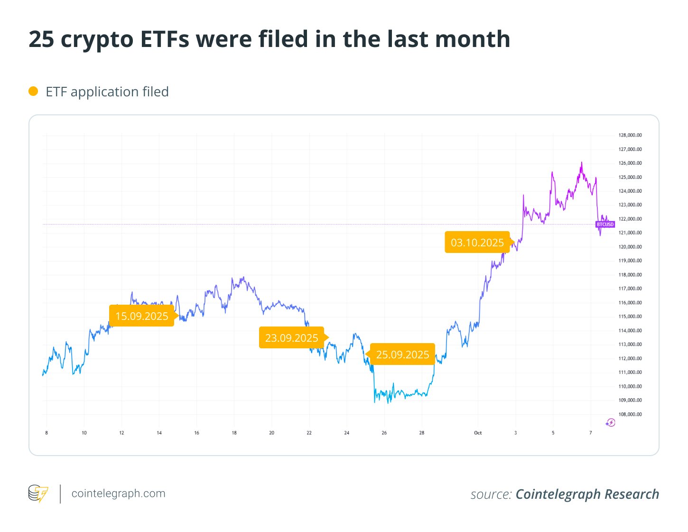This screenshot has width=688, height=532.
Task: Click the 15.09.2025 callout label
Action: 141,316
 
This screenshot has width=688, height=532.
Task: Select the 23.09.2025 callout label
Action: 291,338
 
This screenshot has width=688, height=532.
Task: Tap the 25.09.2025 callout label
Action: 402,355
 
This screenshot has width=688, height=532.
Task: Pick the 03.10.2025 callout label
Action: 477,243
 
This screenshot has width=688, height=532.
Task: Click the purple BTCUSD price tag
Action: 605,224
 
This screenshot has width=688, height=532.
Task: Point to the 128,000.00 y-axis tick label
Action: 630,135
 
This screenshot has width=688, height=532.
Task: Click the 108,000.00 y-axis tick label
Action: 630,414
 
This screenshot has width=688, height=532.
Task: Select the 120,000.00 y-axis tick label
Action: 630,247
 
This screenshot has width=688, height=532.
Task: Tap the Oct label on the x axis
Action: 478,433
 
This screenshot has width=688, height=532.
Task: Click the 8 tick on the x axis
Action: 46,433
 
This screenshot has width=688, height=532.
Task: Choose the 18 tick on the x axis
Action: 234,433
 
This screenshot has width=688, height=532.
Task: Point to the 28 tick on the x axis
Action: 422,433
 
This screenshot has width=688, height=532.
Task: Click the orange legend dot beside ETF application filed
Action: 33,91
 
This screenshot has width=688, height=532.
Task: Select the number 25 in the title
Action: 41,39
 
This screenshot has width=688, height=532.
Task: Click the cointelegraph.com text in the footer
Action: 118,494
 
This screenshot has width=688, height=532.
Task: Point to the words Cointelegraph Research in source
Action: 587,494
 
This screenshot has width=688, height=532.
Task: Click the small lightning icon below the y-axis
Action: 611,422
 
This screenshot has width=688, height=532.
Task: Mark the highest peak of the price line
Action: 582,162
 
